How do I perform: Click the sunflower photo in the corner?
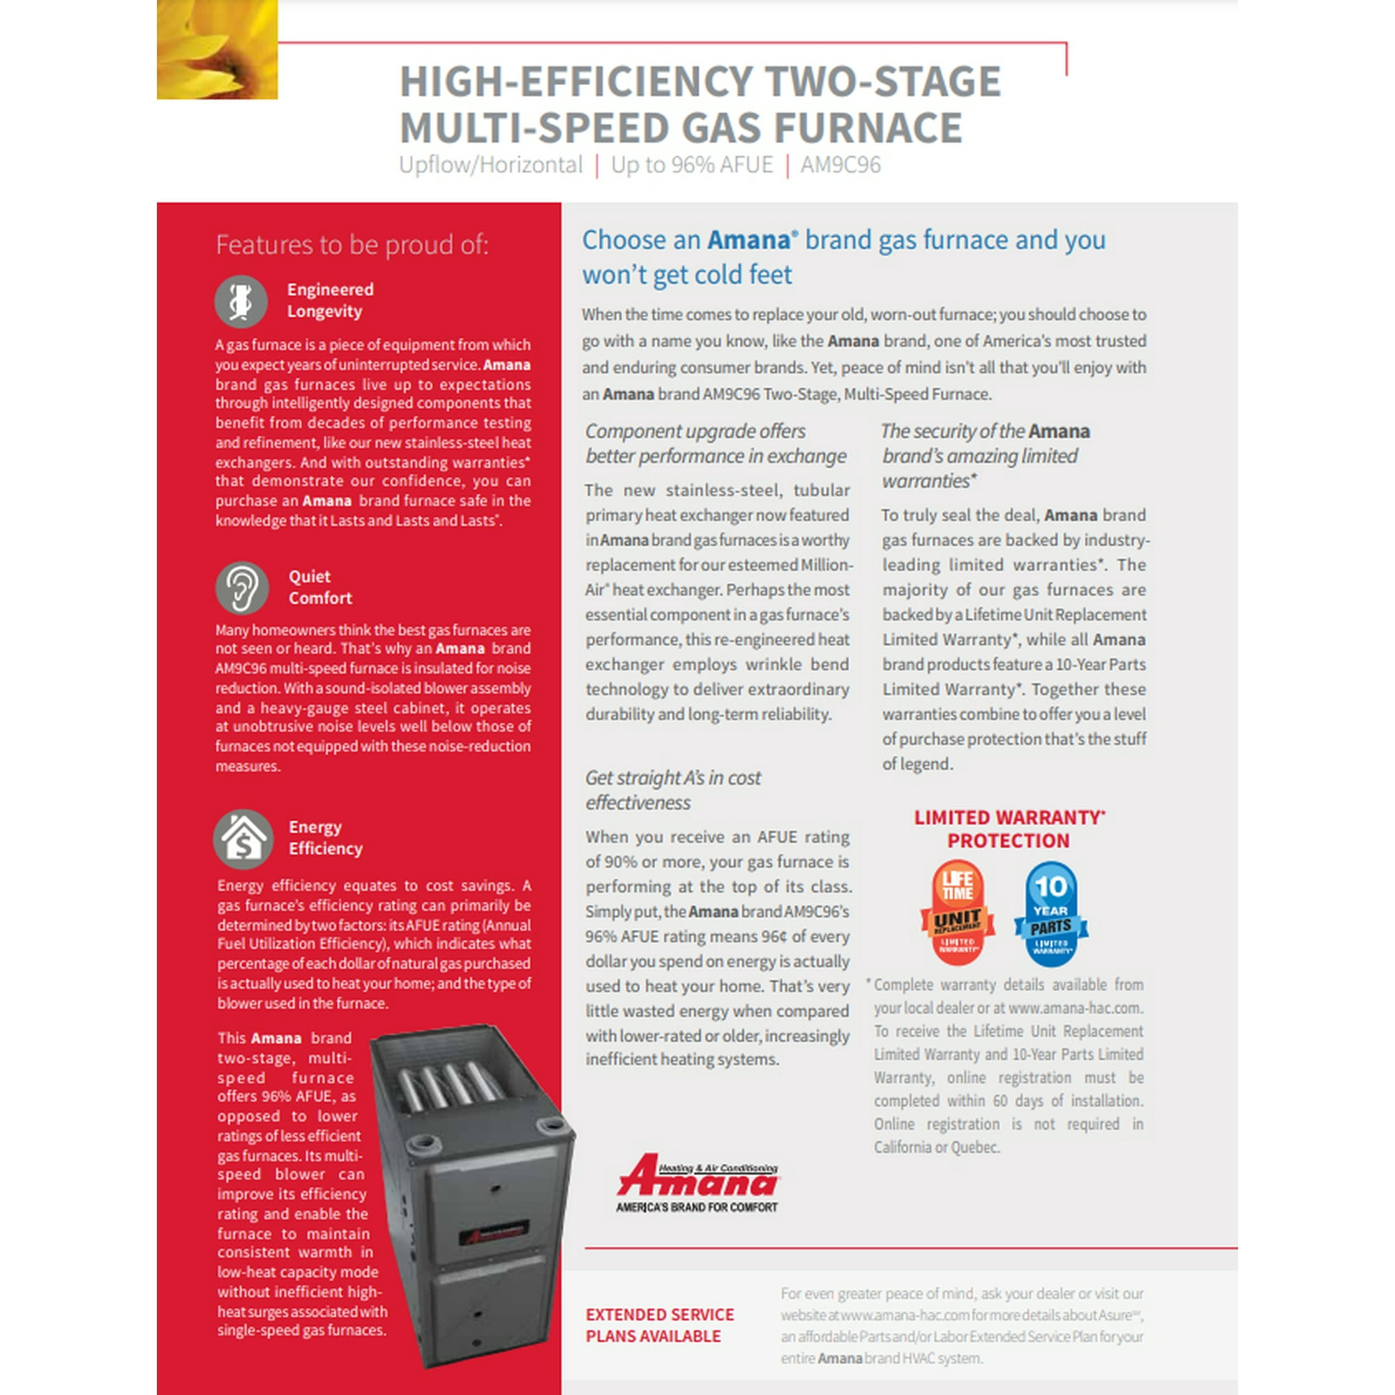pyautogui.click(x=217, y=49)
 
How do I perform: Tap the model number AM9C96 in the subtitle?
pyautogui.click(x=840, y=165)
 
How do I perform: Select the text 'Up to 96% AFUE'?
pyautogui.click(x=691, y=165)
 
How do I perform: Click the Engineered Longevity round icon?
pyautogui.click(x=241, y=301)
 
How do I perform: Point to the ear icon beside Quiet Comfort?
pyautogui.click(x=242, y=588)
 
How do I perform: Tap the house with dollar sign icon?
pyautogui.click(x=243, y=838)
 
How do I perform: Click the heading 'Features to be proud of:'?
pyautogui.click(x=352, y=245)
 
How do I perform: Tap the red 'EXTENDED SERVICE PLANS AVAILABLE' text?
pyautogui.click(x=659, y=1325)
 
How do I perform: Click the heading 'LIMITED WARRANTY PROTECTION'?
pyautogui.click(x=1009, y=829)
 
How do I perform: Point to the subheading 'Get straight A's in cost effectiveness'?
pyautogui.click(x=672, y=790)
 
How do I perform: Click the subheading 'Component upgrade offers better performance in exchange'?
pyautogui.click(x=715, y=444)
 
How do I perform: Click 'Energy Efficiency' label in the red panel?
pyautogui.click(x=325, y=838)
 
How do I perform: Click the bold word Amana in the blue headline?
pyautogui.click(x=748, y=241)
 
